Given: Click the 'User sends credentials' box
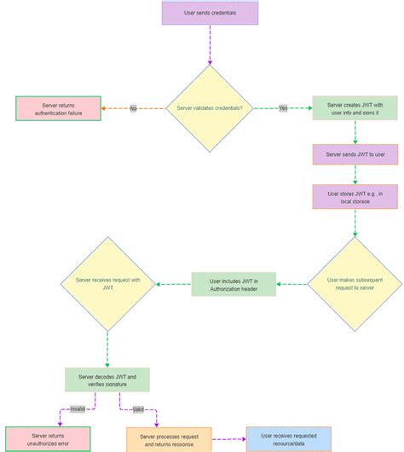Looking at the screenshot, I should point(210,13).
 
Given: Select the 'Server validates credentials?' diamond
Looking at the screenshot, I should point(210,108).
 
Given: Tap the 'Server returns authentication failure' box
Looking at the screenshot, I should point(58,108).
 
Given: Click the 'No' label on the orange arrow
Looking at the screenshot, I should point(133,109).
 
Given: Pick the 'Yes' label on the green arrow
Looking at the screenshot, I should point(283,109).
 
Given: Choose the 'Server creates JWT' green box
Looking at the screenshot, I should point(355,108).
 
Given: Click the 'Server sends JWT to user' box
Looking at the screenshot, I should point(355,154).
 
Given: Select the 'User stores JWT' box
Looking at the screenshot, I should point(355,197).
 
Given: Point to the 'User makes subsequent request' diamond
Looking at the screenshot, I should point(355,284).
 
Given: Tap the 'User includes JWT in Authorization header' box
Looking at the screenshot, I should point(234,284).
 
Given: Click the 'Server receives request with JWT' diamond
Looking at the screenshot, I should point(107,284).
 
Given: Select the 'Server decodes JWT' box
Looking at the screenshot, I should point(107,380).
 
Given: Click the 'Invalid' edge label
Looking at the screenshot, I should point(78,409).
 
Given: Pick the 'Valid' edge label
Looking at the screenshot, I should point(139,409).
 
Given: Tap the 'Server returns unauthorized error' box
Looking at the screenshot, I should point(48,439).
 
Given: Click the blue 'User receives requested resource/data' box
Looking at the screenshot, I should point(288,439).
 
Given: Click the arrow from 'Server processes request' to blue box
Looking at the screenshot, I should point(228,439).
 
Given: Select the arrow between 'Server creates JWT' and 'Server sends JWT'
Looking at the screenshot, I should point(355,132).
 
